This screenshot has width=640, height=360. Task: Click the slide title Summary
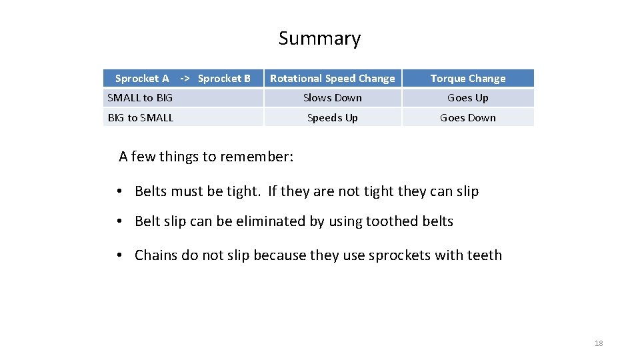tap(319, 39)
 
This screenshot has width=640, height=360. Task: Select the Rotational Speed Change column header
tap(332, 79)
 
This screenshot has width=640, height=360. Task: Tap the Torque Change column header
tap(467, 79)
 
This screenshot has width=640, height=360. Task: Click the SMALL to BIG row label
tap(140, 98)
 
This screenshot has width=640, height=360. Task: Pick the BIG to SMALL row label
tap(140, 118)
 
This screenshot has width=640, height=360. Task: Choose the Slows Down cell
tap(332, 98)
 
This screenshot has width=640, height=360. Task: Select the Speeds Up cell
tap(332, 118)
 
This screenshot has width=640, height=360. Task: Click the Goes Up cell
tap(467, 98)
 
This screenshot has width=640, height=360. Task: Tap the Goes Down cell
tap(467, 118)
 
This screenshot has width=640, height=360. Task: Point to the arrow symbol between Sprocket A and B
tap(185, 79)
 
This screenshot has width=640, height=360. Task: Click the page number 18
tap(598, 343)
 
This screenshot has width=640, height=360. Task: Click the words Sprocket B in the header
tap(224, 79)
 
